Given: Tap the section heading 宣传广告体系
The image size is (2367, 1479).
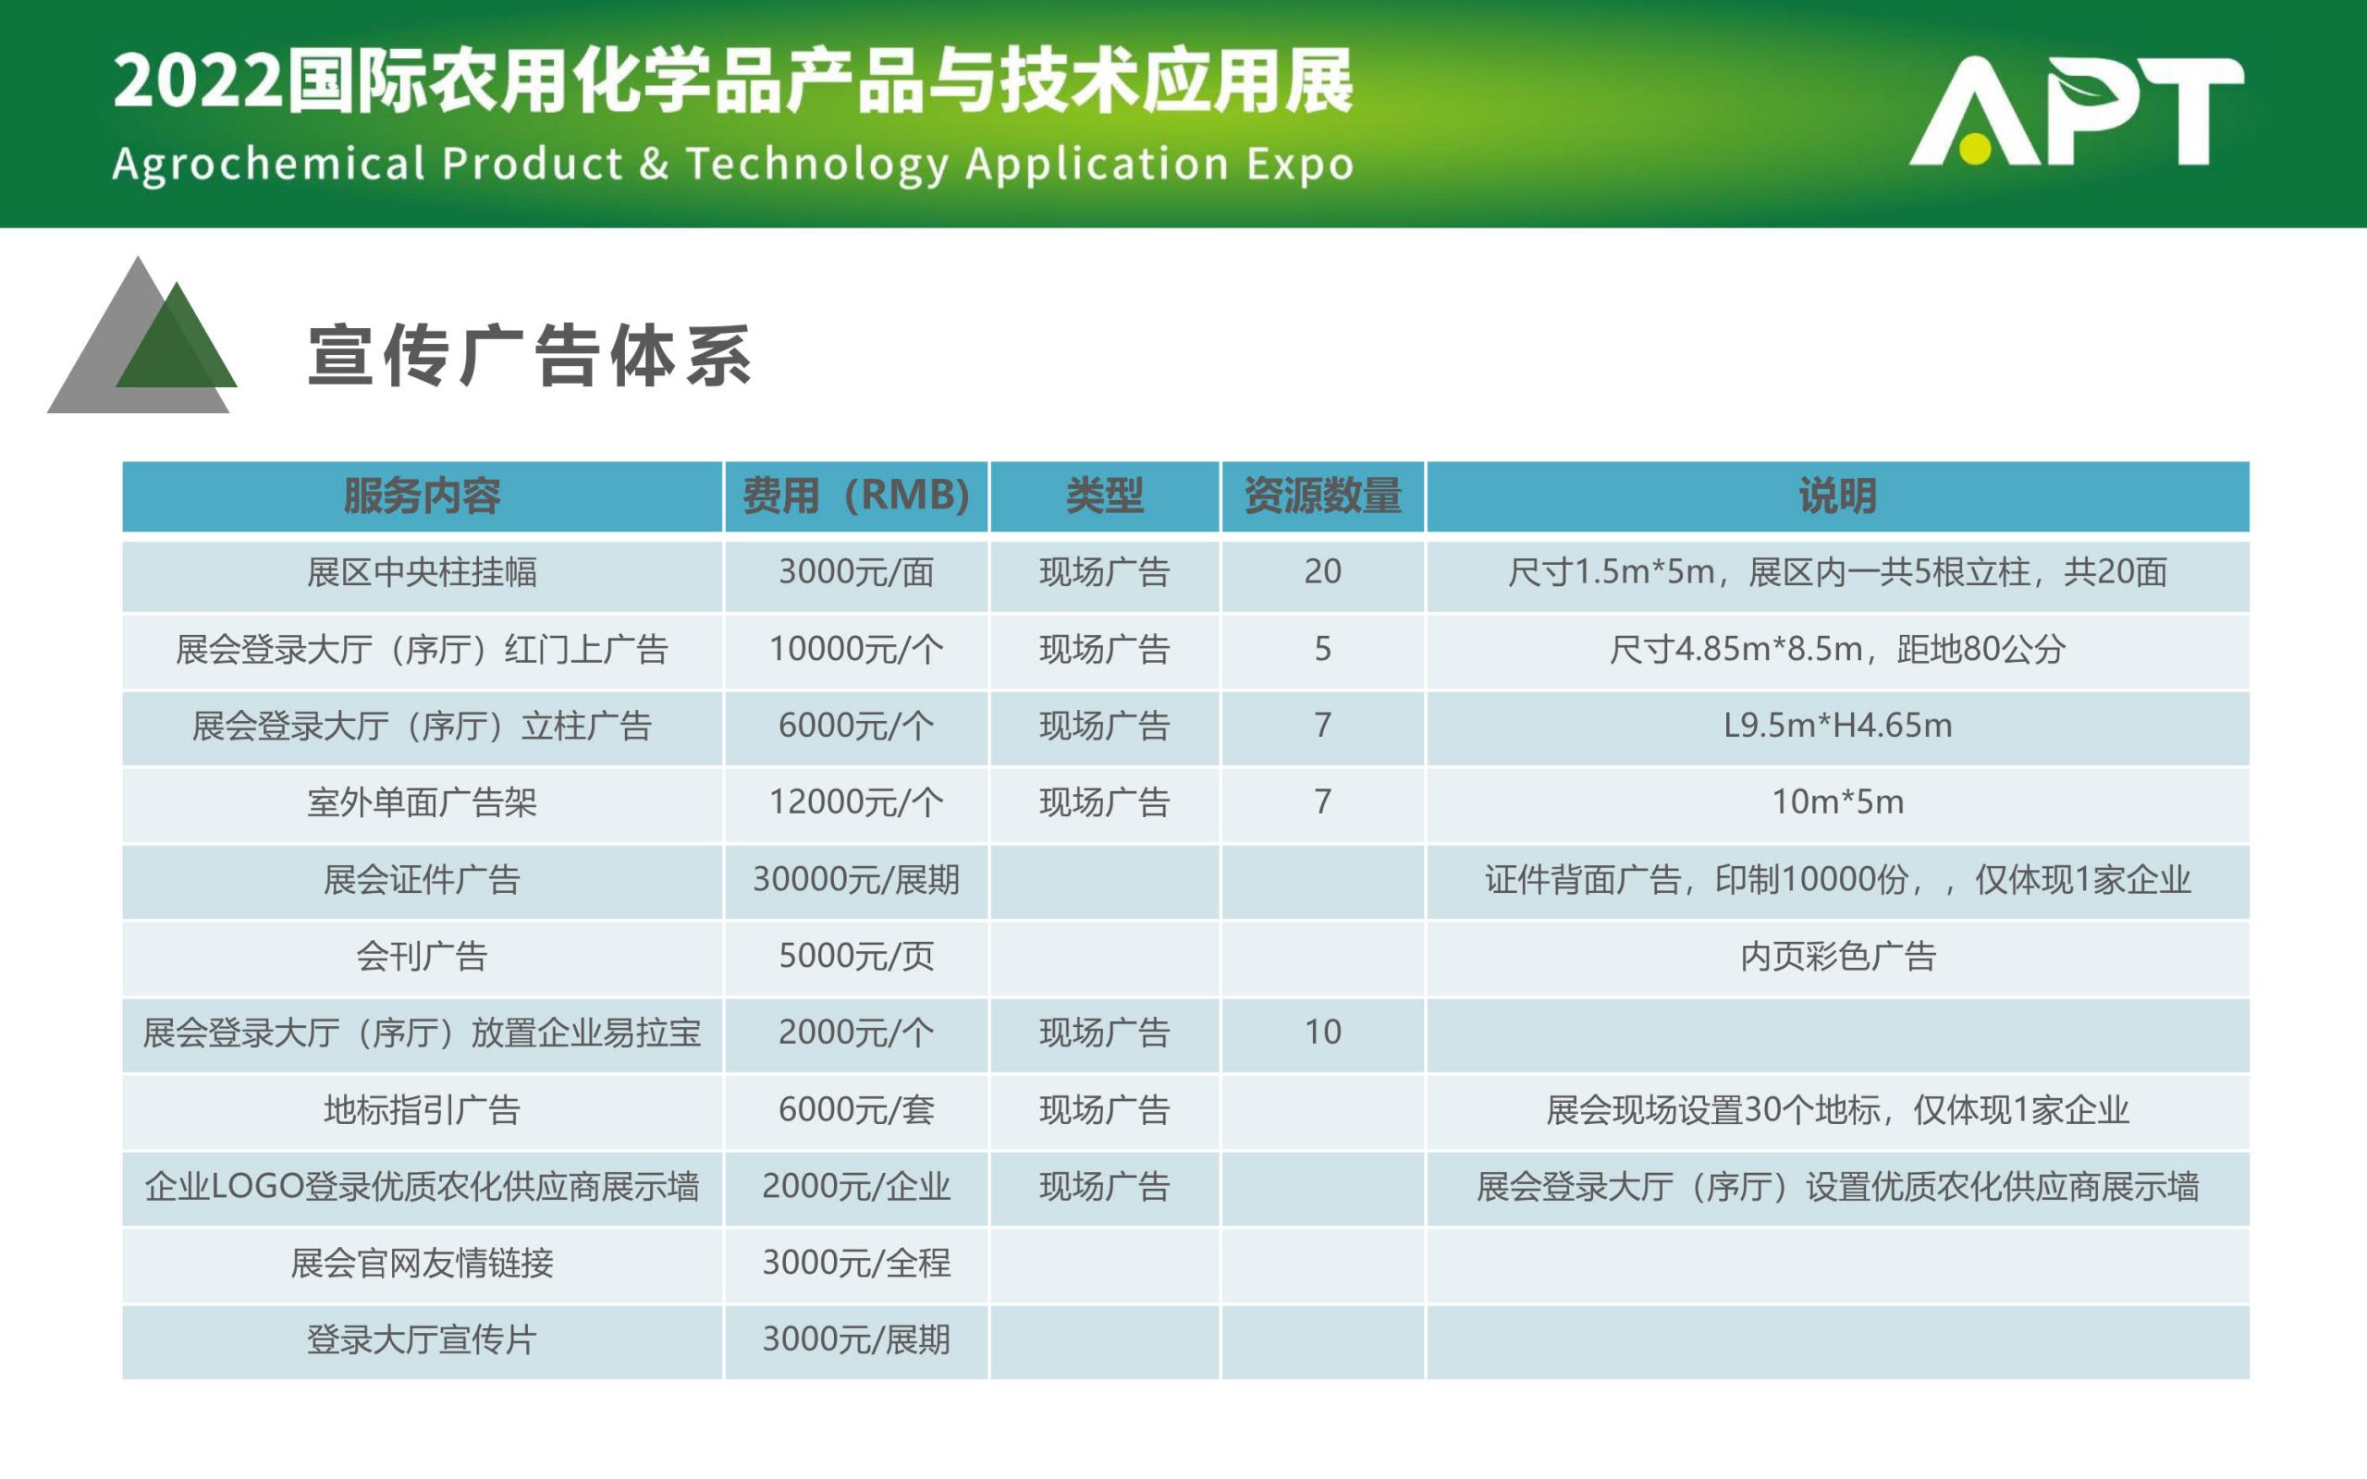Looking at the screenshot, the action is (529, 356).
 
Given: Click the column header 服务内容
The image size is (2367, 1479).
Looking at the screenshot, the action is (422, 496).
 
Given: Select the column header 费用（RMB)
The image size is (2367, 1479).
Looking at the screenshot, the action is (856, 496).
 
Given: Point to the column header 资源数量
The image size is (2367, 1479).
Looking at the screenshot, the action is (1322, 496).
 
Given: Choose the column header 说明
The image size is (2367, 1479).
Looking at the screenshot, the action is (1838, 496).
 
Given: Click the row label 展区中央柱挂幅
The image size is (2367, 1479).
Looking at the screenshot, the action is (422, 572).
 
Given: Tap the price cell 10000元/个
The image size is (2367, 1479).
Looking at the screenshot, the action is (856, 649).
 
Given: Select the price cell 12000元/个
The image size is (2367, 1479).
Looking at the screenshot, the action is (856, 802).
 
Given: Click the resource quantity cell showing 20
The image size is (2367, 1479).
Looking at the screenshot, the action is (1322, 571).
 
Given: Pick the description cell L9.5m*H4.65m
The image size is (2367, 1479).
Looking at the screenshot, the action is (1838, 726).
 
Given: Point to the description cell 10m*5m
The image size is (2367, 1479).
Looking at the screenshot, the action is (1838, 802).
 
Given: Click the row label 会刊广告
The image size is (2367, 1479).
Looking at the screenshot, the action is (422, 956).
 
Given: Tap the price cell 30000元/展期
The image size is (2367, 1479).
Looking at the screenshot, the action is (856, 879).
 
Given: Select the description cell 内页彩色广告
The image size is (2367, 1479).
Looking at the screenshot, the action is (1838, 956).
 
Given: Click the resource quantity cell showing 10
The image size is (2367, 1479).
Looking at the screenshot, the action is (1322, 1032).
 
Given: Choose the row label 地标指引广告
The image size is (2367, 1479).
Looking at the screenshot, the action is (422, 1110).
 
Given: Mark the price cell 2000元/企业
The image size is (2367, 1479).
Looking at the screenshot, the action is (856, 1187).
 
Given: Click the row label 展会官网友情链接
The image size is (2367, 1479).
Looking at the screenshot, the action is (422, 1263).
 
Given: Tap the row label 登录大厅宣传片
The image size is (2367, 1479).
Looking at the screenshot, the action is (422, 1340).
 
